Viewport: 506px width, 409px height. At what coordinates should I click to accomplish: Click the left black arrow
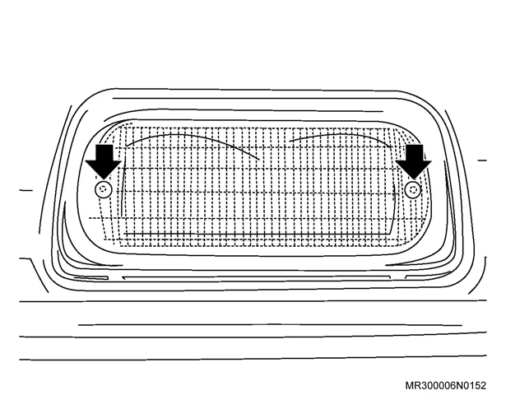[104, 160]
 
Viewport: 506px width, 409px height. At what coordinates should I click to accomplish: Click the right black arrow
[413, 160]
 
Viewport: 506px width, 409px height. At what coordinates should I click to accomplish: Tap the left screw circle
[104, 189]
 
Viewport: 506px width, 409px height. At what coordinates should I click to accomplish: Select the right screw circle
[413, 189]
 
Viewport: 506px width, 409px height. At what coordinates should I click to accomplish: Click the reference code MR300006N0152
[445, 385]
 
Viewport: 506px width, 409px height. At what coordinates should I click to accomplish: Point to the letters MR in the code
[412, 385]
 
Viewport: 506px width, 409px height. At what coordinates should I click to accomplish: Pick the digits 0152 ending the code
[474, 385]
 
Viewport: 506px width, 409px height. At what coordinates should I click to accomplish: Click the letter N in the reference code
[458, 385]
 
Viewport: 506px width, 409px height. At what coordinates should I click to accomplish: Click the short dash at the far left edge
[26, 190]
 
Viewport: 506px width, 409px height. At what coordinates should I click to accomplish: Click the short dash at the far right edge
[482, 160]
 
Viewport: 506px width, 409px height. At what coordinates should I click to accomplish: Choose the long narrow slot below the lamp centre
[256, 278]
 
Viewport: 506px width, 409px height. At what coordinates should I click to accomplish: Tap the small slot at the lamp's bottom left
[91, 277]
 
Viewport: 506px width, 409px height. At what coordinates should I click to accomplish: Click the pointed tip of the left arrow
[104, 179]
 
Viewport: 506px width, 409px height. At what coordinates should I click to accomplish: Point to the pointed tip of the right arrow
[413, 179]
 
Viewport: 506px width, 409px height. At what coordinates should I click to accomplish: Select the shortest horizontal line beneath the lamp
[270, 325]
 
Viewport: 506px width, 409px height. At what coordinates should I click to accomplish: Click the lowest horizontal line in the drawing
[253, 358]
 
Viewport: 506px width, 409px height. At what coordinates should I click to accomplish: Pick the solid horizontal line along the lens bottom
[257, 233]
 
